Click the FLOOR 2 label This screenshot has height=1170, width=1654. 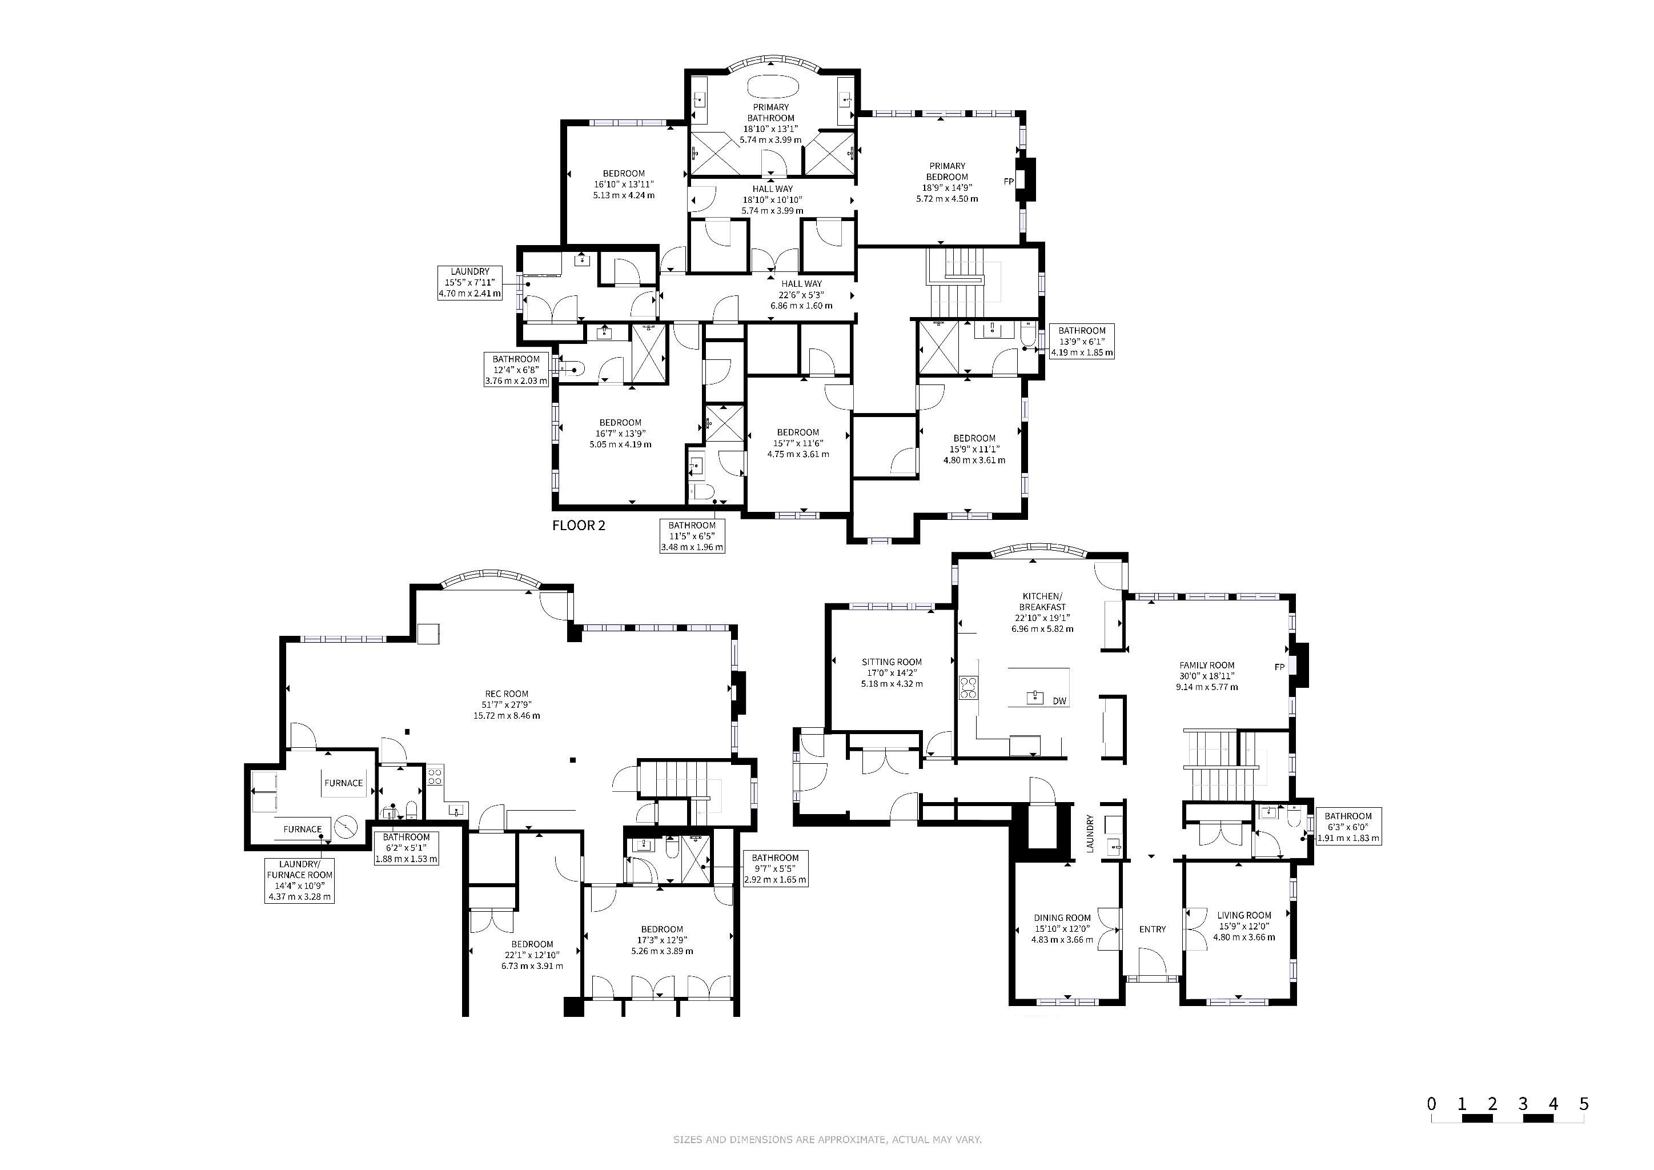click(x=579, y=525)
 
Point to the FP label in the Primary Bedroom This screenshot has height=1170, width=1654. click(x=1009, y=182)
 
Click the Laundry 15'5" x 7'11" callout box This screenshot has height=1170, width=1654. click(x=471, y=282)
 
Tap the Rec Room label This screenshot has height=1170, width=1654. click(x=507, y=704)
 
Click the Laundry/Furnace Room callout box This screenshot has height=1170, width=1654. click(x=300, y=880)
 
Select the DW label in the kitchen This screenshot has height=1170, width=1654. click(x=1059, y=701)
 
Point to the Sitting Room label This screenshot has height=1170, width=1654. click(x=892, y=673)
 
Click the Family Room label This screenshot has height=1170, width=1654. click(x=1207, y=676)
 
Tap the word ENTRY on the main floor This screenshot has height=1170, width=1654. click(x=1153, y=929)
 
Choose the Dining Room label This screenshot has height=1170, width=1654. click(x=1062, y=929)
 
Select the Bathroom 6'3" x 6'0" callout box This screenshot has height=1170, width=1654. click(x=1348, y=828)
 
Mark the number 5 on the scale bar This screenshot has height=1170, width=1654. click(x=1583, y=1104)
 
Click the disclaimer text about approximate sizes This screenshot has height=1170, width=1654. click(x=827, y=1140)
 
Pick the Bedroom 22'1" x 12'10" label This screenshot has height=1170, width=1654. click(x=532, y=955)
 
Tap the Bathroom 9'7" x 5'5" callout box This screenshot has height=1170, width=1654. click(x=775, y=869)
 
